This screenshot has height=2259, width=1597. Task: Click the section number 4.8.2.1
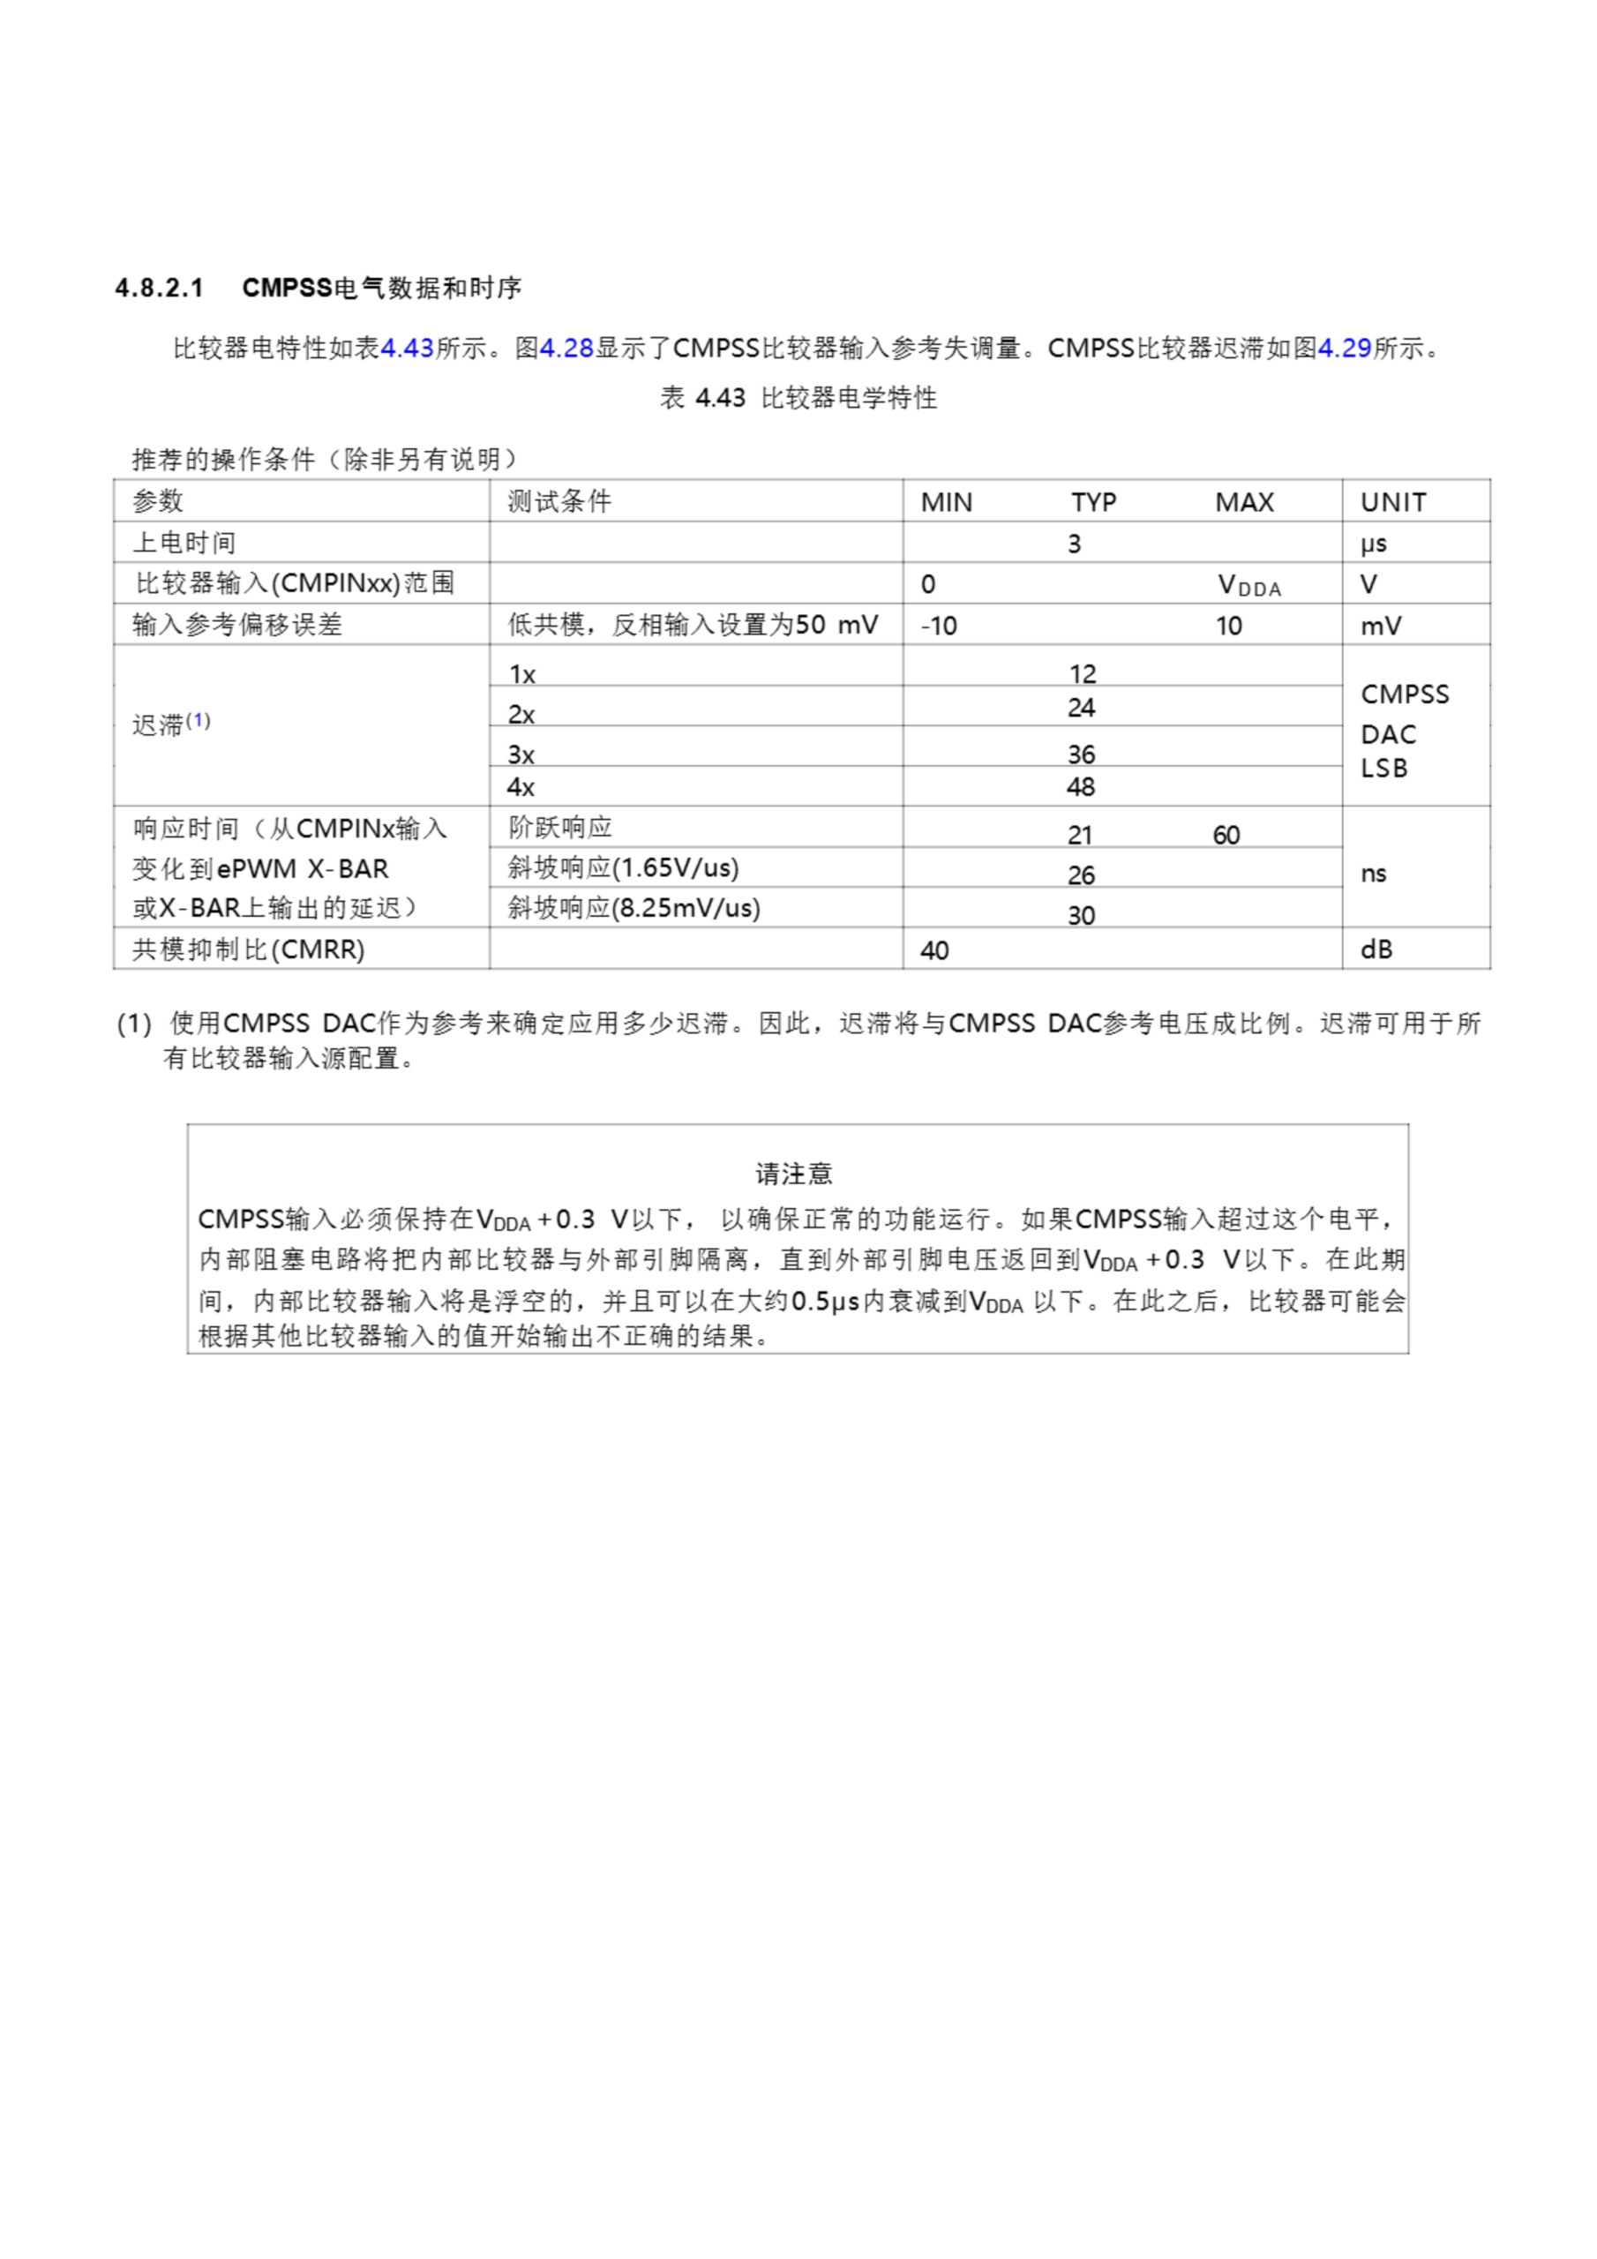coord(160,289)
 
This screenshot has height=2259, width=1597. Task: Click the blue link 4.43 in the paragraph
coord(407,349)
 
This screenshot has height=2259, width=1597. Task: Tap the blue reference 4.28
coord(566,349)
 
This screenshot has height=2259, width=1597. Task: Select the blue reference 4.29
coord(1344,349)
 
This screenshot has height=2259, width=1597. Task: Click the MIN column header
coord(946,503)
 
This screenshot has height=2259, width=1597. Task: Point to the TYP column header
coord(1093,503)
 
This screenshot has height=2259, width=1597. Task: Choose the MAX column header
coord(1244,503)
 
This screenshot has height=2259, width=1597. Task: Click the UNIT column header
coord(1392,503)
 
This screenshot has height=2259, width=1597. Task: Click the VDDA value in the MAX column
coord(1248,585)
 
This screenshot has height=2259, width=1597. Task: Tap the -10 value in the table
coord(939,626)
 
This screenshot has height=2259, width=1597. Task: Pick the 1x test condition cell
coord(521,675)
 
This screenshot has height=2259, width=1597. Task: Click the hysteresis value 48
coord(1081,787)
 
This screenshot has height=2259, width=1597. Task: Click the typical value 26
coord(1081,875)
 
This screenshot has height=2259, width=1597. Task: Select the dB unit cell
coord(1376,949)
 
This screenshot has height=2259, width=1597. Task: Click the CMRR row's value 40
coord(933,950)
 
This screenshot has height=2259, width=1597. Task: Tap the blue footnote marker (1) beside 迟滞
coord(198,720)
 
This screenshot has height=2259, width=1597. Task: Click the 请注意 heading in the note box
coord(793,1173)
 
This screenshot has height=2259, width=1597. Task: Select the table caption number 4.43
coord(719,399)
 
